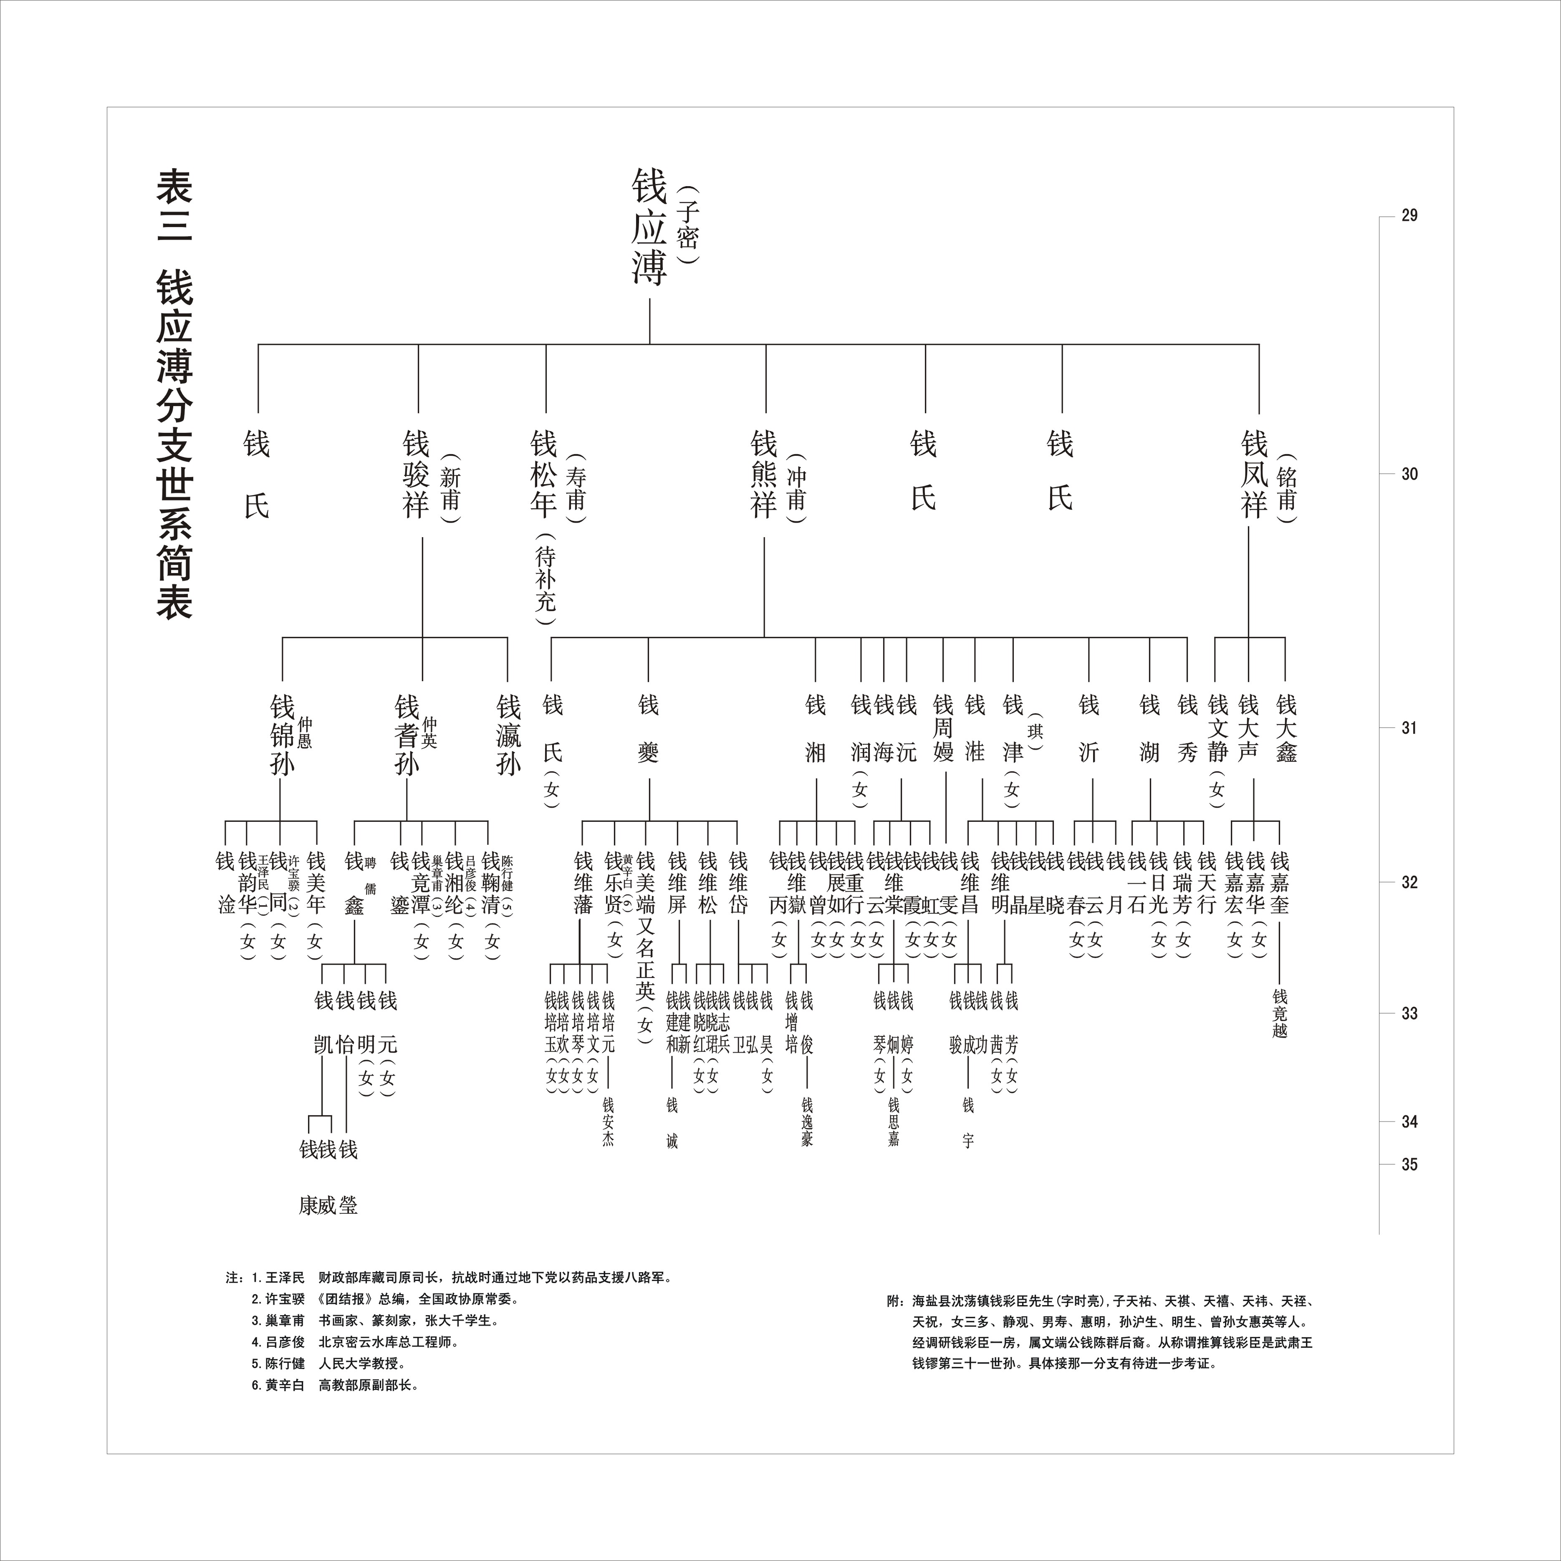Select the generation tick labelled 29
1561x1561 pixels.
tap(1409, 216)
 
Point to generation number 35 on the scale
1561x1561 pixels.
tap(1409, 1164)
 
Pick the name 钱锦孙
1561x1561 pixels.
tap(282, 735)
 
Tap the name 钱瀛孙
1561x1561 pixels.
tap(508, 735)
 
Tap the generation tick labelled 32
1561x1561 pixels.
tap(1409, 882)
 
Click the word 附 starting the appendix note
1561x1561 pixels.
tap(894, 1302)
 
